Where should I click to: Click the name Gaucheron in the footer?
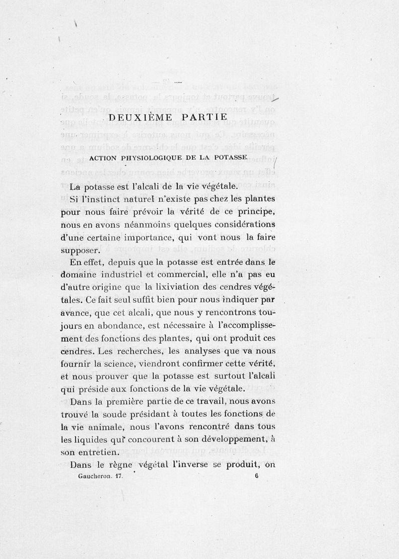96,477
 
